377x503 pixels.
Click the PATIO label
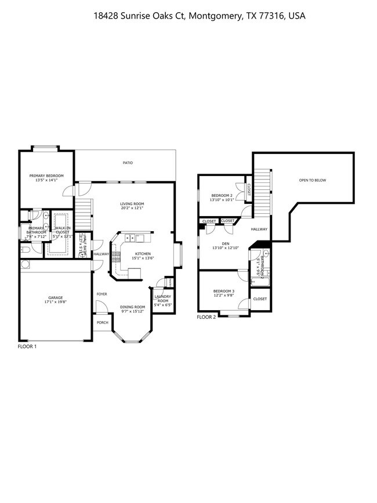128,163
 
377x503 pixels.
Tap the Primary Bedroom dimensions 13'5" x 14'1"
46,180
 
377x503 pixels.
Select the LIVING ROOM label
132,203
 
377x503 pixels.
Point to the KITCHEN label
143,254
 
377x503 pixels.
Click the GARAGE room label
55,298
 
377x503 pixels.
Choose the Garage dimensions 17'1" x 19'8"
55,303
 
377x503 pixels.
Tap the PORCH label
102,322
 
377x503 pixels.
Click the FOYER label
102,294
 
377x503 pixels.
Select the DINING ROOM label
133,307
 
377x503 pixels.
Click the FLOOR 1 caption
27,346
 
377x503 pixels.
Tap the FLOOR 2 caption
206,317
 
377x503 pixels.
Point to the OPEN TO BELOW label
312,181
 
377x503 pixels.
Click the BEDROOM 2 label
222,195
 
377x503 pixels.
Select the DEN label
226,243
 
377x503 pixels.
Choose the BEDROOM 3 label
223,291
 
